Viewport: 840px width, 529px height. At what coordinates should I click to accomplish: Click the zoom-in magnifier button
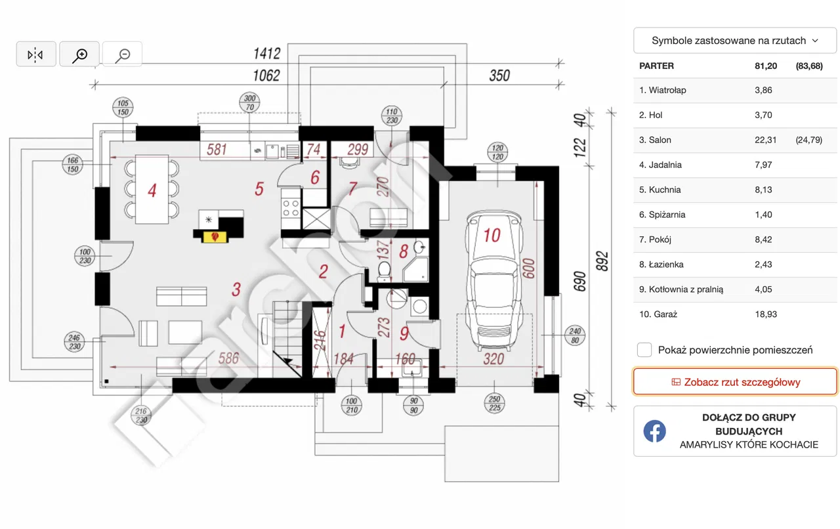click(x=79, y=54)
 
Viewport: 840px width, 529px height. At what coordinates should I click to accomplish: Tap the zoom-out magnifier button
click(x=122, y=54)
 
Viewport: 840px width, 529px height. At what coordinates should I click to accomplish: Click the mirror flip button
click(x=35, y=54)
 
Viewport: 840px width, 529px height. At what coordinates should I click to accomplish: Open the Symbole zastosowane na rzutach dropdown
click(x=735, y=41)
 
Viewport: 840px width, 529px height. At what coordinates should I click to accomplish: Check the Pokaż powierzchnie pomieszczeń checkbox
click(x=644, y=350)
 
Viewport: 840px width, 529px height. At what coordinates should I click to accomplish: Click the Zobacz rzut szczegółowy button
click(x=735, y=382)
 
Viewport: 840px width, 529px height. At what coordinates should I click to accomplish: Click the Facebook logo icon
click(x=654, y=431)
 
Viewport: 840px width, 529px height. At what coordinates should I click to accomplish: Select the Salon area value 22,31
click(x=766, y=140)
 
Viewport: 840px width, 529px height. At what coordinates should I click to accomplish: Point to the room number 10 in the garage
click(x=492, y=235)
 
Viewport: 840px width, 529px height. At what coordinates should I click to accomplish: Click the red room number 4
click(x=152, y=191)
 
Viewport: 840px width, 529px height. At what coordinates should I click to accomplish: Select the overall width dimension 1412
click(x=266, y=54)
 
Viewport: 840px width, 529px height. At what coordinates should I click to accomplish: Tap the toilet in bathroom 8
click(x=385, y=268)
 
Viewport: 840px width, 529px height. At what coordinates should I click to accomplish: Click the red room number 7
click(x=352, y=189)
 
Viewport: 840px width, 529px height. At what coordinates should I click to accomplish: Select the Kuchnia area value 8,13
click(x=764, y=190)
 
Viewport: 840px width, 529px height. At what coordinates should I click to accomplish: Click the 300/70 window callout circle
click(x=249, y=102)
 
